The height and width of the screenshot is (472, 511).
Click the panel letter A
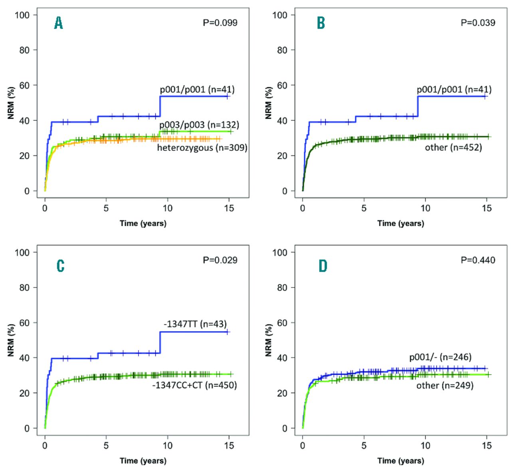(x=58, y=23)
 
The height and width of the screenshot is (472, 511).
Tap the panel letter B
(x=321, y=23)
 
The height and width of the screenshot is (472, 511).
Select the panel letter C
(x=60, y=266)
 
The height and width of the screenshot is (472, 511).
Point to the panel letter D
(x=323, y=266)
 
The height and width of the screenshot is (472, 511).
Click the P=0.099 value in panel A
(x=220, y=23)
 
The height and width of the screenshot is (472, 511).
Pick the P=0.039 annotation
(x=478, y=23)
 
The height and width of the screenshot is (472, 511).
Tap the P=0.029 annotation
(x=220, y=260)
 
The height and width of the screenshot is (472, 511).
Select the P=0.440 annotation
(x=478, y=260)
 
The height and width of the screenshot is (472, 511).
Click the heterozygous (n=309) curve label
(x=202, y=148)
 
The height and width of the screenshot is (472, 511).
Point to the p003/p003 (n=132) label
(x=199, y=125)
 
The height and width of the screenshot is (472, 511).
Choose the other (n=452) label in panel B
(x=453, y=147)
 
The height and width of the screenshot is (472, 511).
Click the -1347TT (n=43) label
(x=195, y=324)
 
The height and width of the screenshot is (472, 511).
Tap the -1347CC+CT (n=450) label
(x=194, y=385)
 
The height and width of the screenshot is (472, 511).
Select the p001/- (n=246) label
(x=440, y=357)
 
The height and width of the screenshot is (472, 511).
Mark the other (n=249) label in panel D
(x=445, y=385)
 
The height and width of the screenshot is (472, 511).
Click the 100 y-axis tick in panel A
(x=22, y=15)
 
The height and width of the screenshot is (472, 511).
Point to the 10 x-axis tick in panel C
(x=168, y=445)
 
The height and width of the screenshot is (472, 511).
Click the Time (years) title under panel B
(x=400, y=223)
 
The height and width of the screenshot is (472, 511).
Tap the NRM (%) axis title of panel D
(x=268, y=340)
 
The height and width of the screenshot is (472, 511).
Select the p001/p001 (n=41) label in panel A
(x=197, y=90)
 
